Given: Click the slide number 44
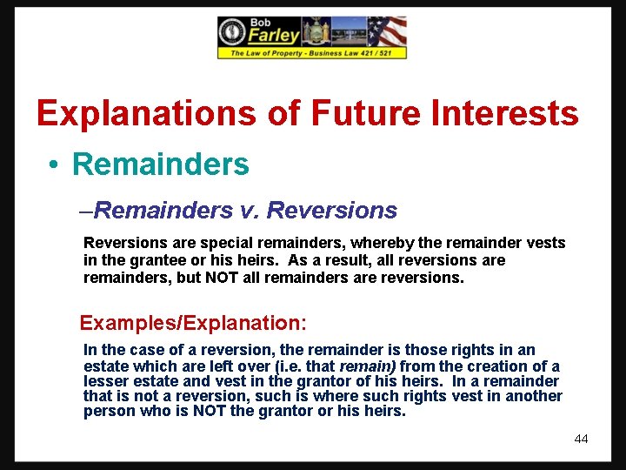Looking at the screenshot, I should pos(581,439).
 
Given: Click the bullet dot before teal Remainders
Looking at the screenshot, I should pos(54,164).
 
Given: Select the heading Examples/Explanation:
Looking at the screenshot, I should pos(193,323).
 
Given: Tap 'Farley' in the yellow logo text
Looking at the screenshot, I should pos(274,36).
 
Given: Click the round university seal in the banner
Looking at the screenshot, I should pos(231,32).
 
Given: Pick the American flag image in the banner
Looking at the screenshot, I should pos(387,31).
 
